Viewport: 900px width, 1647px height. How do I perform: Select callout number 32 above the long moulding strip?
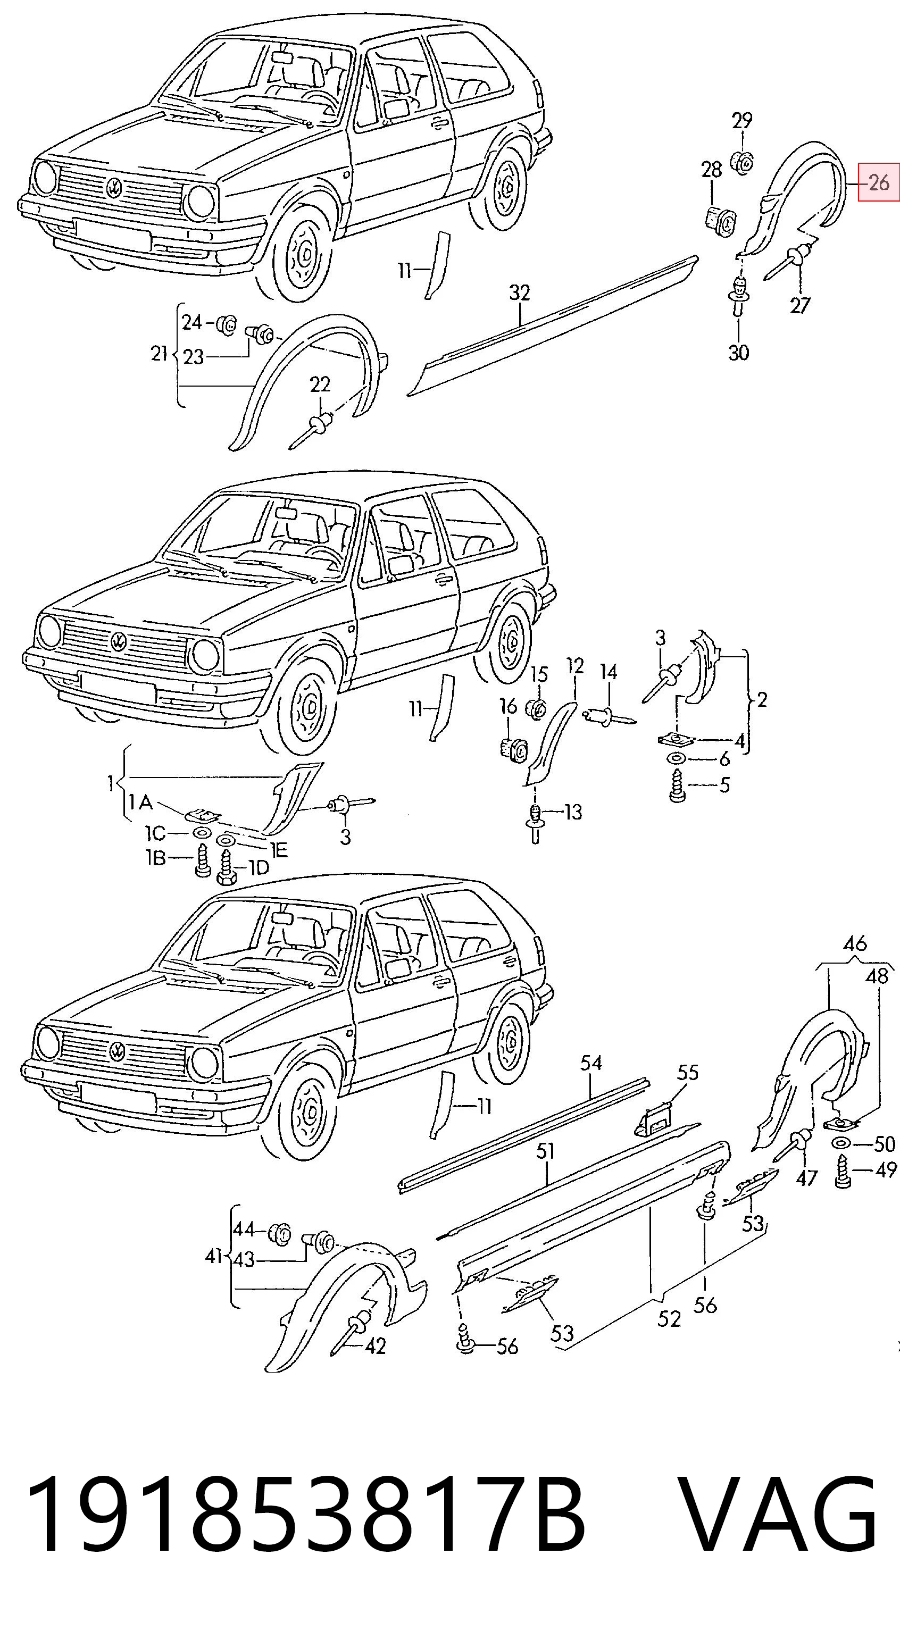coord(520,293)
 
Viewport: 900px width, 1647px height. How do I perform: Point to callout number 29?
coord(742,120)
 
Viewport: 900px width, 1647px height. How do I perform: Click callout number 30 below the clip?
coord(738,352)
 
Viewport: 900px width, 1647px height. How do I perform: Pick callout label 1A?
coord(140,802)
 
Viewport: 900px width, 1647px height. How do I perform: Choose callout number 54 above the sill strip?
coord(591,1063)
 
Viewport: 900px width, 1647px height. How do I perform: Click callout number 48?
coord(877,976)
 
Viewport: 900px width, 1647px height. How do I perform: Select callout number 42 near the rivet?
coord(376,1346)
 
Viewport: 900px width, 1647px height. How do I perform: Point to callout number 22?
coord(320,384)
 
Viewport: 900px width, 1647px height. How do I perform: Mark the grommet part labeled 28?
coord(720,219)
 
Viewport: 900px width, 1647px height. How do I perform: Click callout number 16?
coord(509,706)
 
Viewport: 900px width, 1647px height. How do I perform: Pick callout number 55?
coord(688,1072)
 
